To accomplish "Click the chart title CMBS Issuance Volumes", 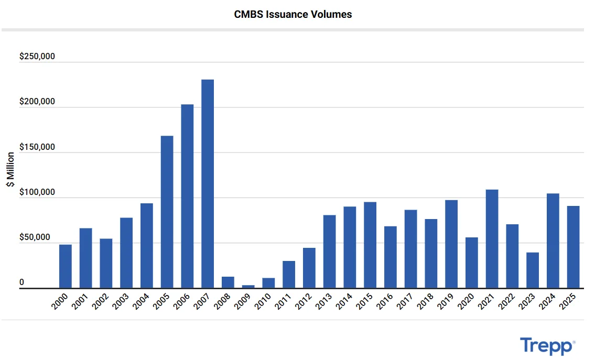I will [293, 15].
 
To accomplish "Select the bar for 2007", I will [208, 183].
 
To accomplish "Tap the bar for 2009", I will [248, 286].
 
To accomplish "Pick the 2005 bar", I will [167, 212].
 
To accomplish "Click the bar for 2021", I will [492, 238].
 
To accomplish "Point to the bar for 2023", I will [533, 270].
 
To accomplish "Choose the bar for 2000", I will [66, 266].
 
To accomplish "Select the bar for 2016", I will [390, 257].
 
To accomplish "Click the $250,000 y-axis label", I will [37, 57].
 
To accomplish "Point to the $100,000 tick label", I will [37, 192].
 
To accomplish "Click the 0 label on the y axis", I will [22, 282].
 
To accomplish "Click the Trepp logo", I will [547, 346].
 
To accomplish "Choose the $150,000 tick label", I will [37, 147].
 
